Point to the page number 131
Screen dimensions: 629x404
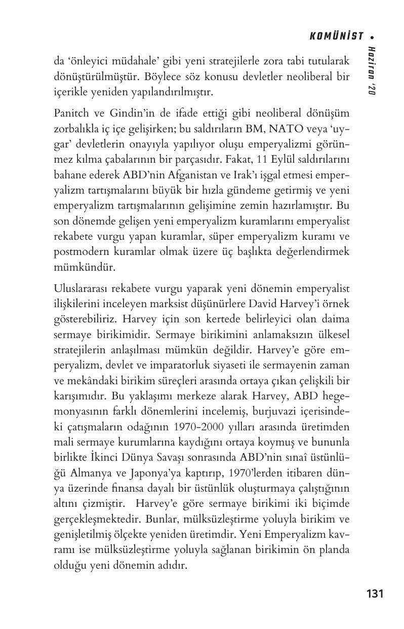(x=374, y=594)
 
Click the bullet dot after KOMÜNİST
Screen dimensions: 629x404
(x=372, y=36)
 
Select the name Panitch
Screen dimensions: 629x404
(x=70, y=113)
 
